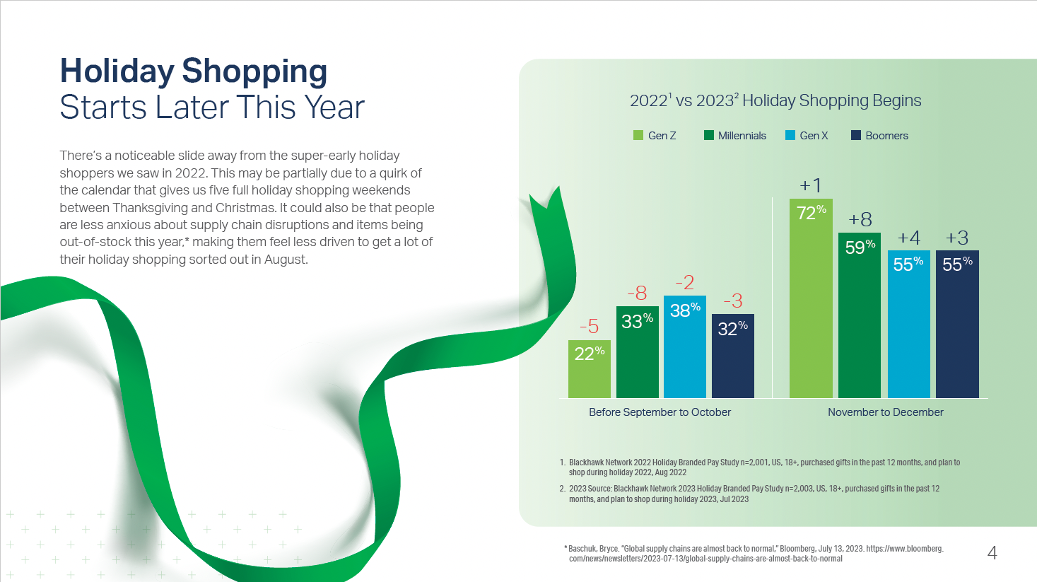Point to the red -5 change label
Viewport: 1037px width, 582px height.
pos(589,327)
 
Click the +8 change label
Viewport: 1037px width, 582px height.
pos(860,219)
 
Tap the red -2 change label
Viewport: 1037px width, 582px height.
pos(684,283)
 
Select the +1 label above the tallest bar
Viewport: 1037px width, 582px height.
pos(811,185)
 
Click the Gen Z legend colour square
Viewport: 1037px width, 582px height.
pos(638,135)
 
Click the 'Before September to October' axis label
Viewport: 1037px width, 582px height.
pos(660,412)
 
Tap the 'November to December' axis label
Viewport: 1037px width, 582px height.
pos(885,412)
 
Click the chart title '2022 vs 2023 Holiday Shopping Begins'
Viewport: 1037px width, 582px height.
pos(775,101)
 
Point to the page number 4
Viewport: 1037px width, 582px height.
pos(992,553)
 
